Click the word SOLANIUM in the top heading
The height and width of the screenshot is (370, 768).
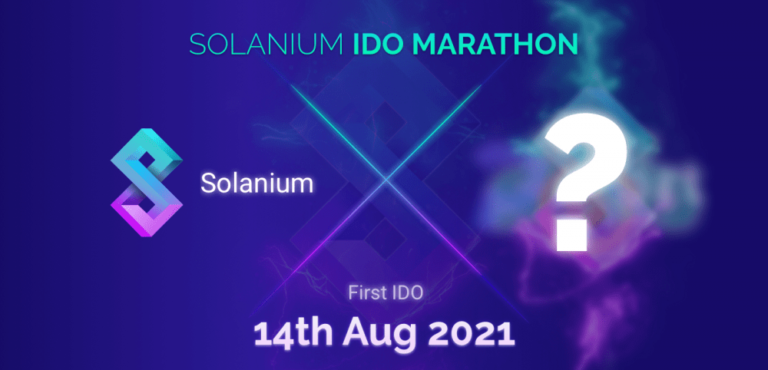(x=266, y=44)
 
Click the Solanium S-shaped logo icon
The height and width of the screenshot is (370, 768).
(x=147, y=183)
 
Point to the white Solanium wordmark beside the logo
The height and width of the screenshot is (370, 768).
(x=257, y=183)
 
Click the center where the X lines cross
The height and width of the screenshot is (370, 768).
(x=386, y=180)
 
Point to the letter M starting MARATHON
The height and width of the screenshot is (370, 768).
(x=424, y=44)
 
